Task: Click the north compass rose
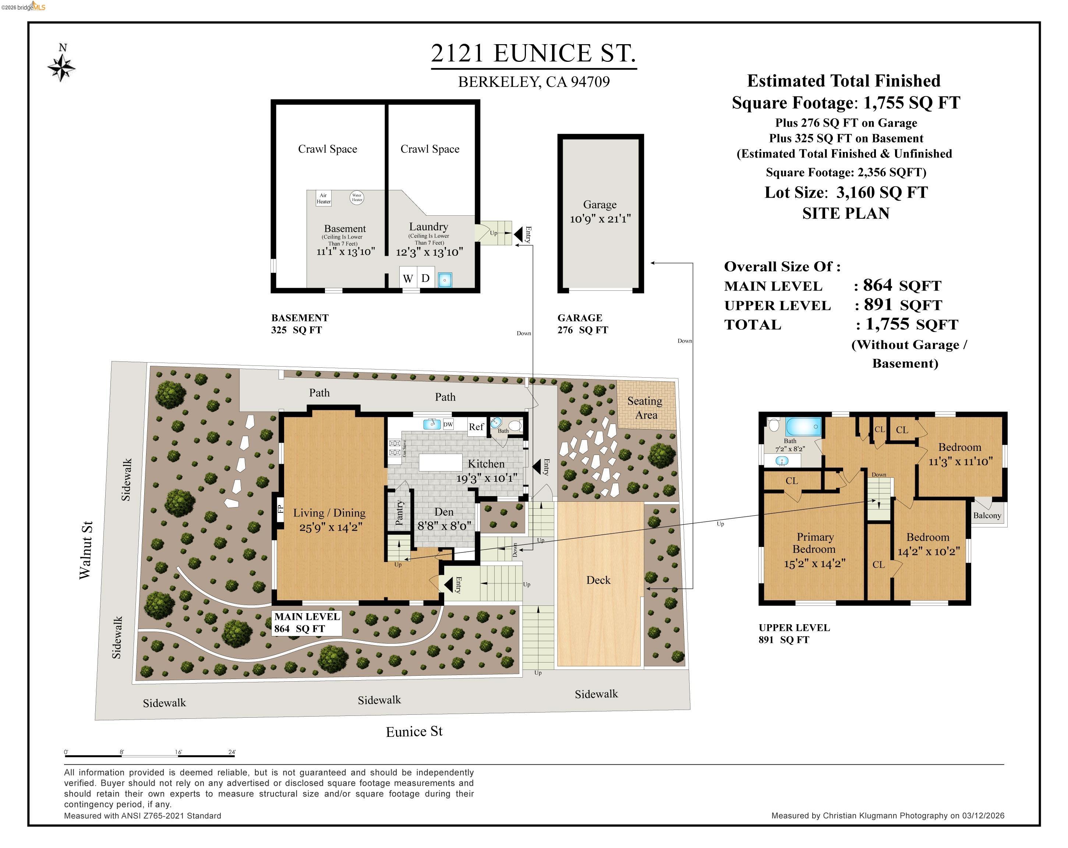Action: [x=61, y=67]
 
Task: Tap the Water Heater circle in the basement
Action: [x=357, y=198]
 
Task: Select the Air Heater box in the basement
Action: [x=323, y=198]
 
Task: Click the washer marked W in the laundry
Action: [x=408, y=278]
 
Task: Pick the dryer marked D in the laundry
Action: [x=425, y=278]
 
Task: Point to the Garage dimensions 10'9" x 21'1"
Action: [x=600, y=218]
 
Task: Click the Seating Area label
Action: [x=645, y=408]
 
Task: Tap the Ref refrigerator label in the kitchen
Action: [x=476, y=427]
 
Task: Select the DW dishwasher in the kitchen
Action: [x=448, y=424]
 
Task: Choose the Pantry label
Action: [x=400, y=512]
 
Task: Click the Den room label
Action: [x=444, y=512]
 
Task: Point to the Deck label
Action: [x=598, y=580]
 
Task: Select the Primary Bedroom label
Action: [x=814, y=543]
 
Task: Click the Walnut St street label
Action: [x=85, y=550]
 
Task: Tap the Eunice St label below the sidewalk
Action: [x=414, y=732]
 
